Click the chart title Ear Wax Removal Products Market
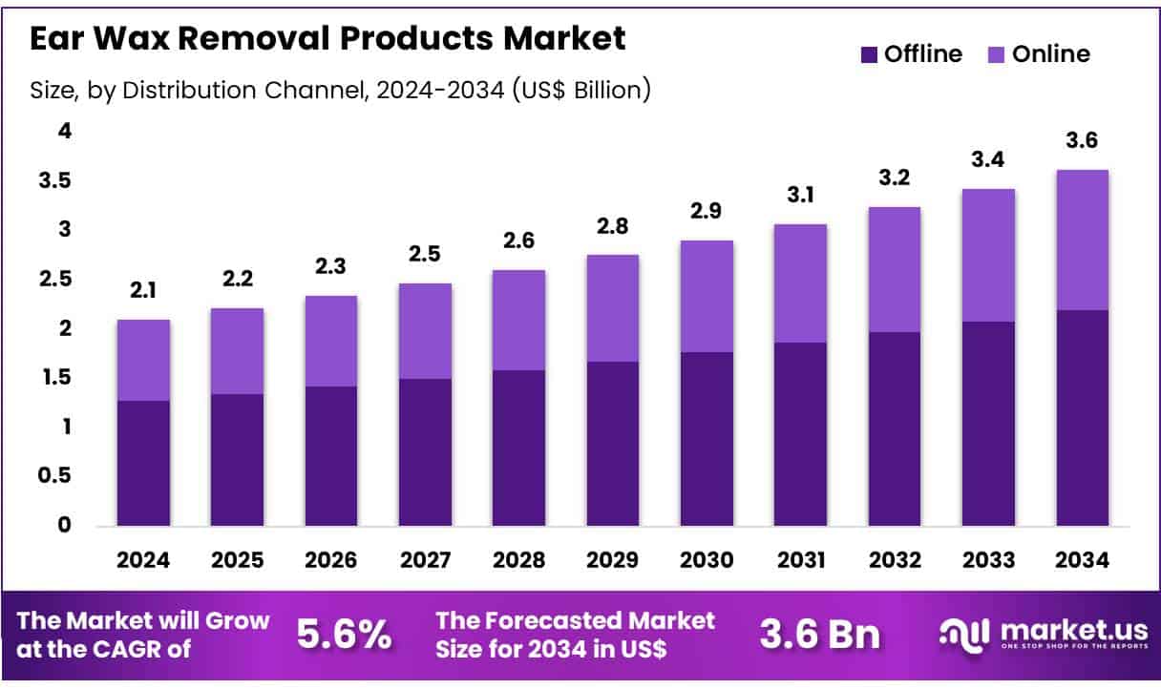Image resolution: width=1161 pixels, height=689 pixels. point(328,39)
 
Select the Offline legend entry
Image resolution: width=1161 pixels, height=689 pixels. point(911,54)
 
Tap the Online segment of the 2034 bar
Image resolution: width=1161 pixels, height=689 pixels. point(1082,240)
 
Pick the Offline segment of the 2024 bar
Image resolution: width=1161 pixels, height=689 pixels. point(143,463)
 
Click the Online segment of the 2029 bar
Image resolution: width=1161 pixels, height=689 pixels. point(612,308)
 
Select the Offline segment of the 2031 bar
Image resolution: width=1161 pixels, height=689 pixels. point(800,434)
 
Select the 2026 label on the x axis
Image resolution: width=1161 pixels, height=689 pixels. point(330,560)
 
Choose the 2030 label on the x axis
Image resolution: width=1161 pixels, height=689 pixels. point(707,560)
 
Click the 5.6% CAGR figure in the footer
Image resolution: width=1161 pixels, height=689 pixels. point(344,635)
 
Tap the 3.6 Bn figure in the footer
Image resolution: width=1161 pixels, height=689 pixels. point(820,635)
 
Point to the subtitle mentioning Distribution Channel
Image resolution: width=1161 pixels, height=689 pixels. point(341,90)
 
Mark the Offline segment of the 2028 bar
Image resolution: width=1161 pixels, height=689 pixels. point(518,448)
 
